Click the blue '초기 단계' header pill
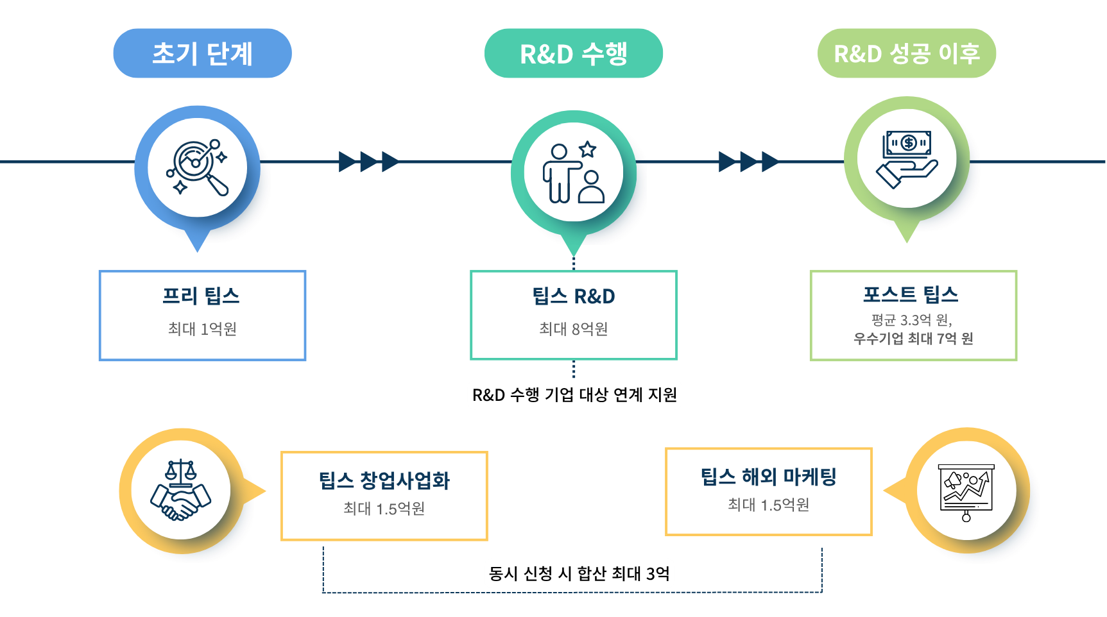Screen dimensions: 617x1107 202,53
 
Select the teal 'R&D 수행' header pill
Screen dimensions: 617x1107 573,53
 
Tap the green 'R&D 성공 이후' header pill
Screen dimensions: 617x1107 906,53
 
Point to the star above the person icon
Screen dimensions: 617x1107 587,149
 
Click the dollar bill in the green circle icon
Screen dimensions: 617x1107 907,143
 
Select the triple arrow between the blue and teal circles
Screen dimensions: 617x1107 368,162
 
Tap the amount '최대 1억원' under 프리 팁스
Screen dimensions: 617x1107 202,329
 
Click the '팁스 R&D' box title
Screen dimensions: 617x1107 573,296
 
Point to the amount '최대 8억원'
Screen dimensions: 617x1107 573,329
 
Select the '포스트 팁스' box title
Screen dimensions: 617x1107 911,294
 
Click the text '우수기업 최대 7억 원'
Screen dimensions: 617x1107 913,338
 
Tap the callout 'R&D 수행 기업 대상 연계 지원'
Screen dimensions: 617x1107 574,394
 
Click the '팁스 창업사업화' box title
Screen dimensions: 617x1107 384,480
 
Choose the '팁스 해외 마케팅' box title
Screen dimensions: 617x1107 768,477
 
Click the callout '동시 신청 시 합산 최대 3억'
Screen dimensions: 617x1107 579,573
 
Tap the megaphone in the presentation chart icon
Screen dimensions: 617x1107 954,480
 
